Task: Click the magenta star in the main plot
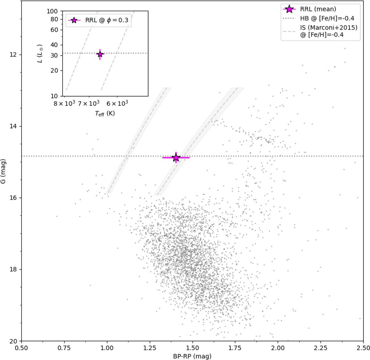176,157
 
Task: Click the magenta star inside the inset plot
100,54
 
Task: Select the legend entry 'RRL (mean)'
318,9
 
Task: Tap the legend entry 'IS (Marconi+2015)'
329,28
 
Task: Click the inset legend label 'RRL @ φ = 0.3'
107,20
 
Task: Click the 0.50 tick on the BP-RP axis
22,347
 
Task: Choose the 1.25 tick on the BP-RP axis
150,347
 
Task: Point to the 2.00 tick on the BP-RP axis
278,347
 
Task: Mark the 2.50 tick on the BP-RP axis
364,347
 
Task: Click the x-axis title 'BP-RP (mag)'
192,356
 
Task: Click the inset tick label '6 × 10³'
117,103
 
